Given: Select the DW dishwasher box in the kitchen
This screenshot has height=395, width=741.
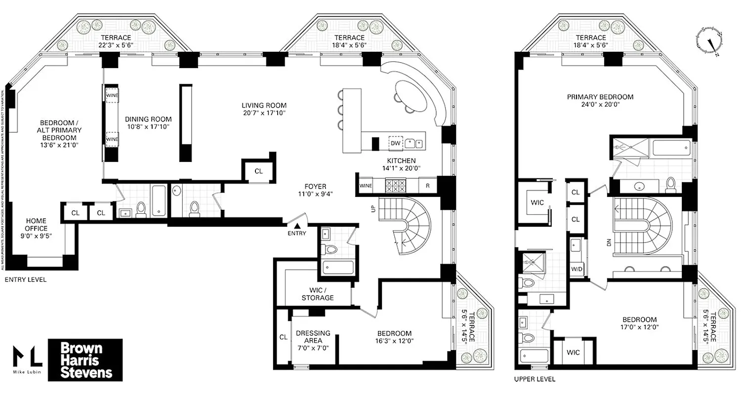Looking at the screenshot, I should click(395, 143).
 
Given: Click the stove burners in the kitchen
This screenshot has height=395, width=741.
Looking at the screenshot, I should click(395, 186).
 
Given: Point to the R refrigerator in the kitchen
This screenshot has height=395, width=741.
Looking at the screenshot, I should click(427, 186).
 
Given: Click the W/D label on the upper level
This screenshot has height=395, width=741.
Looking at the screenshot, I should click(576, 269).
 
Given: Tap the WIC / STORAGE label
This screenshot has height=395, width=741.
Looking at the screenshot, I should click(318, 294).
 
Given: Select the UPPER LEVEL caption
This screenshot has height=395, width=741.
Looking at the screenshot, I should click(535, 379).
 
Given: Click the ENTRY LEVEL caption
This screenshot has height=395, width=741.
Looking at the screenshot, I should click(25, 279).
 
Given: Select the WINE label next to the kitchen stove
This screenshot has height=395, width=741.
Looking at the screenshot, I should click(365, 186).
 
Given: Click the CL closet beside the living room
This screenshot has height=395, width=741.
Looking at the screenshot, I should click(258, 171).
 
